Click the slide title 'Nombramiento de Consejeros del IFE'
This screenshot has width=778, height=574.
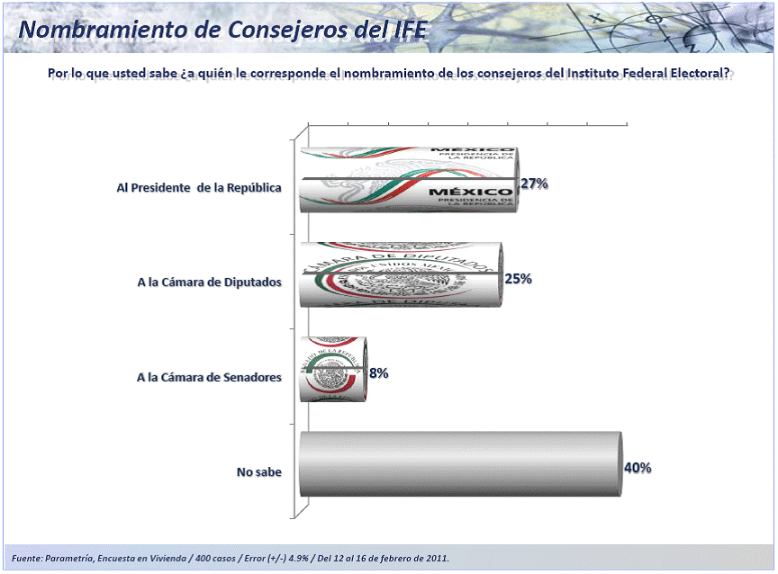(x=223, y=29)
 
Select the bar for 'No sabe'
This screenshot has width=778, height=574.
(x=459, y=464)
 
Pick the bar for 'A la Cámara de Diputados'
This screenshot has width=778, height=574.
(x=401, y=274)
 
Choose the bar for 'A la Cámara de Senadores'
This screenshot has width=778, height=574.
(x=333, y=369)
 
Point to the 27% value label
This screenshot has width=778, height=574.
(x=534, y=184)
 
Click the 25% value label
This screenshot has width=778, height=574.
(x=519, y=279)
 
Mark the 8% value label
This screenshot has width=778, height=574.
(x=378, y=372)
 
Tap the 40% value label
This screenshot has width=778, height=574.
(x=638, y=468)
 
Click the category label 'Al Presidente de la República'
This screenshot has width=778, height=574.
(x=199, y=188)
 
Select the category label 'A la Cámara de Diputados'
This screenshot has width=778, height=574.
(x=210, y=282)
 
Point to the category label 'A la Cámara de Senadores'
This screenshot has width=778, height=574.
(x=210, y=377)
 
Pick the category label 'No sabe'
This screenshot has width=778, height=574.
(x=259, y=471)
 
